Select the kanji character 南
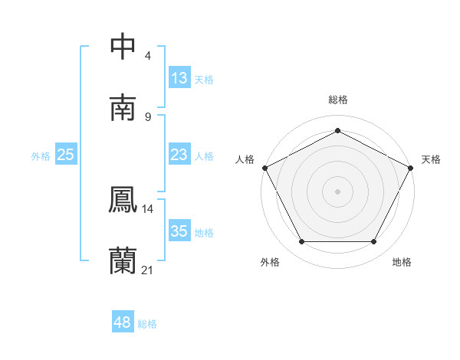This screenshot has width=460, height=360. tap(123, 107)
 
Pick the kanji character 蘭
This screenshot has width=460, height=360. tap(123, 260)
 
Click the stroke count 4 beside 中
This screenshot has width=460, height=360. tap(148, 55)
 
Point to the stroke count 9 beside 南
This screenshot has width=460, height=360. tap(148, 116)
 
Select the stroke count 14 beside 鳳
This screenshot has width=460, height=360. tap(148, 208)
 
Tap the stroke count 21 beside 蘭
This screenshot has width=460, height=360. tap(148, 270)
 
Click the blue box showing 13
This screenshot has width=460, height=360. tap(179, 78)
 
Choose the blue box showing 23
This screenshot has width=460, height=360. tap(179, 155)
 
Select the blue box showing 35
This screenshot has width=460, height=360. tap(179, 231)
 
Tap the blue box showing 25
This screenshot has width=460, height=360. tap(66, 155)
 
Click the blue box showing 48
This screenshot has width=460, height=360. tap(123, 323)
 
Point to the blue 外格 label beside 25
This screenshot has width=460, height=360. tap(41, 156)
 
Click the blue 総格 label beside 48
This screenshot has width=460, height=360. tap(147, 324)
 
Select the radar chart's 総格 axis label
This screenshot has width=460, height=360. tap(337, 100)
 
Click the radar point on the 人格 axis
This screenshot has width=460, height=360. tap(264, 167)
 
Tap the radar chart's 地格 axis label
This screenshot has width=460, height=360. tap(402, 263)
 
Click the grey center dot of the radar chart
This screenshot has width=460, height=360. tap(337, 191)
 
